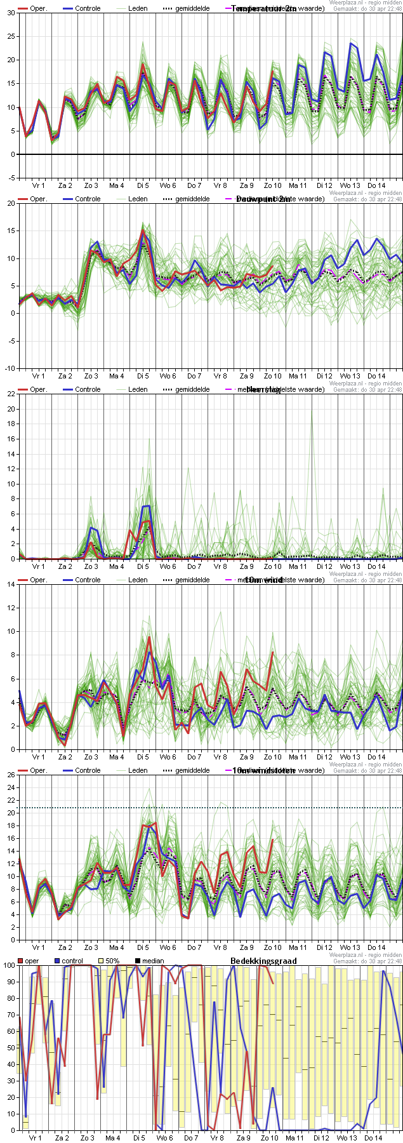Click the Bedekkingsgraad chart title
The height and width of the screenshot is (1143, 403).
click(x=263, y=961)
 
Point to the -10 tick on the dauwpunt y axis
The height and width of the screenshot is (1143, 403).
click(x=10, y=368)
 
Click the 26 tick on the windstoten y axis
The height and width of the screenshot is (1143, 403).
click(x=11, y=775)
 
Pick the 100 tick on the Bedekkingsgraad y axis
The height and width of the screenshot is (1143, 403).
click(x=8, y=965)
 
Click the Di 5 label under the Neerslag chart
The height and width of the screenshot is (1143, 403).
click(x=143, y=566)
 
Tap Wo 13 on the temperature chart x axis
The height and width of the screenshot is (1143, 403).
click(x=350, y=185)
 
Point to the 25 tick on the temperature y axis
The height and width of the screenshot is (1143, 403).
click(x=11, y=36)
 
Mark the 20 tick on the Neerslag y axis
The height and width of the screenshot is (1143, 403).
click(x=11, y=409)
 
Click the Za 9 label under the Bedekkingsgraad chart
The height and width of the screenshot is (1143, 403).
click(x=243, y=1138)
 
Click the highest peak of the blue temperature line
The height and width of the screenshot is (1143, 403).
click(x=351, y=43)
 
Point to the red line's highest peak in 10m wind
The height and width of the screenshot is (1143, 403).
click(x=150, y=637)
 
